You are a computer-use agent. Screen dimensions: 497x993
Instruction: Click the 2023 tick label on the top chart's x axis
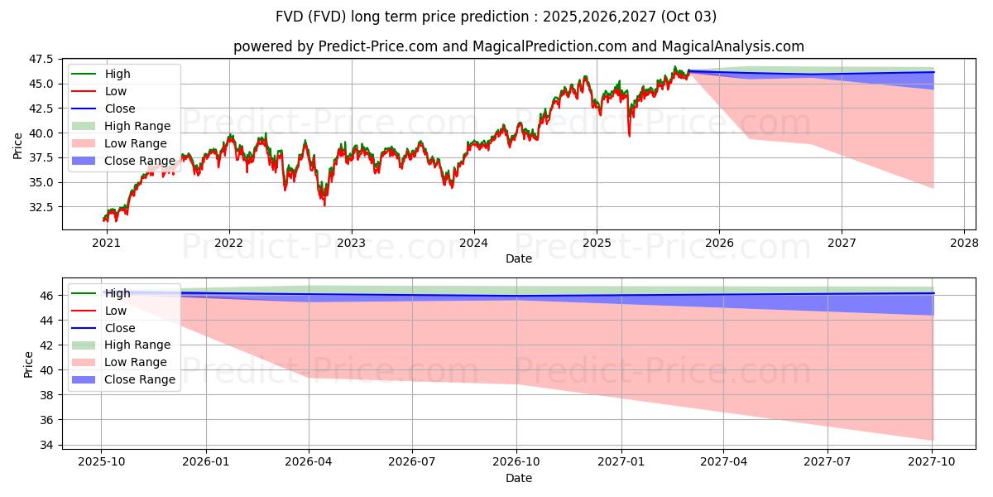pyautogui.click(x=351, y=243)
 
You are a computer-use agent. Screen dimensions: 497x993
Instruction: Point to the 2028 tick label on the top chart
pyautogui.click(x=964, y=243)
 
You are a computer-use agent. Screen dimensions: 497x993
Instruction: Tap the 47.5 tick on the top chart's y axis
pyautogui.click(x=41, y=60)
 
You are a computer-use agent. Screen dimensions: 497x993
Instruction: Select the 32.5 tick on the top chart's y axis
pyautogui.click(x=41, y=207)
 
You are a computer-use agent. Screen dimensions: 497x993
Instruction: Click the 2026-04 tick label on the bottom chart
pyautogui.click(x=309, y=461)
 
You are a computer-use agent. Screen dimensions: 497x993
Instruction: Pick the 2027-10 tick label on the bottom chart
pyautogui.click(x=933, y=461)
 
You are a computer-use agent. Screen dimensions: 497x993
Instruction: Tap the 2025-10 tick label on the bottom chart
pyautogui.click(x=101, y=461)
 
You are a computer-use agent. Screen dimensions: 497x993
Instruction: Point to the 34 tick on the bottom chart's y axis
pyautogui.click(x=47, y=446)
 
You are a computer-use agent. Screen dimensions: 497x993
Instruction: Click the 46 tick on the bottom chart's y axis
pyautogui.click(x=47, y=296)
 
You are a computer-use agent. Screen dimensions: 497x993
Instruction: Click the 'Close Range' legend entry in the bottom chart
pyautogui.click(x=140, y=379)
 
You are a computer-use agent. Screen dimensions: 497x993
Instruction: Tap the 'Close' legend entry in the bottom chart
pyautogui.click(x=120, y=328)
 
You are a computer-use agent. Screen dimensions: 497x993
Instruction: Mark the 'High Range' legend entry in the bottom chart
pyautogui.click(x=137, y=345)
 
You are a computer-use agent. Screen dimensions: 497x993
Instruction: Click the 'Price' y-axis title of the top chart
pyautogui.click(x=18, y=146)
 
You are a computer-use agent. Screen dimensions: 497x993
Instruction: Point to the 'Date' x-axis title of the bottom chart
pyautogui.click(x=519, y=479)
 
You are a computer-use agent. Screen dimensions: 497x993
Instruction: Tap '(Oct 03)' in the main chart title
pyautogui.click(x=688, y=17)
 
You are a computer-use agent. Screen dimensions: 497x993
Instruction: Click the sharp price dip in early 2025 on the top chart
pyautogui.click(x=629, y=135)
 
